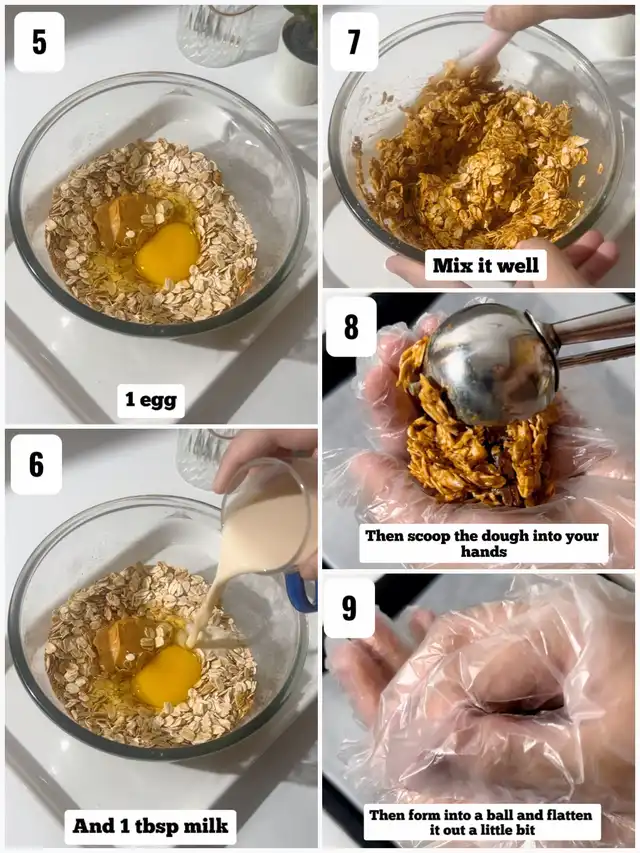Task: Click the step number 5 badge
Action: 39,42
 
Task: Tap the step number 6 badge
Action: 36,464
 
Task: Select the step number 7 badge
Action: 354,42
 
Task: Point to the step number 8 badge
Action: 351,326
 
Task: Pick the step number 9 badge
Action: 349,608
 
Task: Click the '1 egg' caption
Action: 151,400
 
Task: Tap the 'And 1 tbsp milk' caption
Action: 150,826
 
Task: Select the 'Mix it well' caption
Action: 485,265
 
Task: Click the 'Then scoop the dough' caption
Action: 483,543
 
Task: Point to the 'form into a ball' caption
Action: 482,822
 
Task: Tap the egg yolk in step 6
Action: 167,676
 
